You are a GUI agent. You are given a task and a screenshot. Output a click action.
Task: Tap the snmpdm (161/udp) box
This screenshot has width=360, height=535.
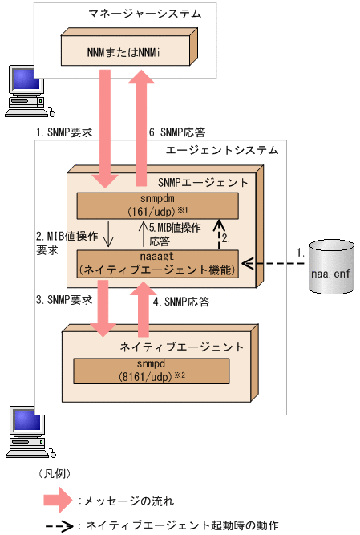click(x=145, y=206)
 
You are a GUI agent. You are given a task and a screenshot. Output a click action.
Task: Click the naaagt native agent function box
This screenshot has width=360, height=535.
click(x=157, y=263)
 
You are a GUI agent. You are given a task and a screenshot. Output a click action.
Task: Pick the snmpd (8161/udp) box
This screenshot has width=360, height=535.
click(x=151, y=371)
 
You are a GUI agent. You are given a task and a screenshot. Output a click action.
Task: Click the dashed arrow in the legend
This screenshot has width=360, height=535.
click(x=59, y=526)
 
